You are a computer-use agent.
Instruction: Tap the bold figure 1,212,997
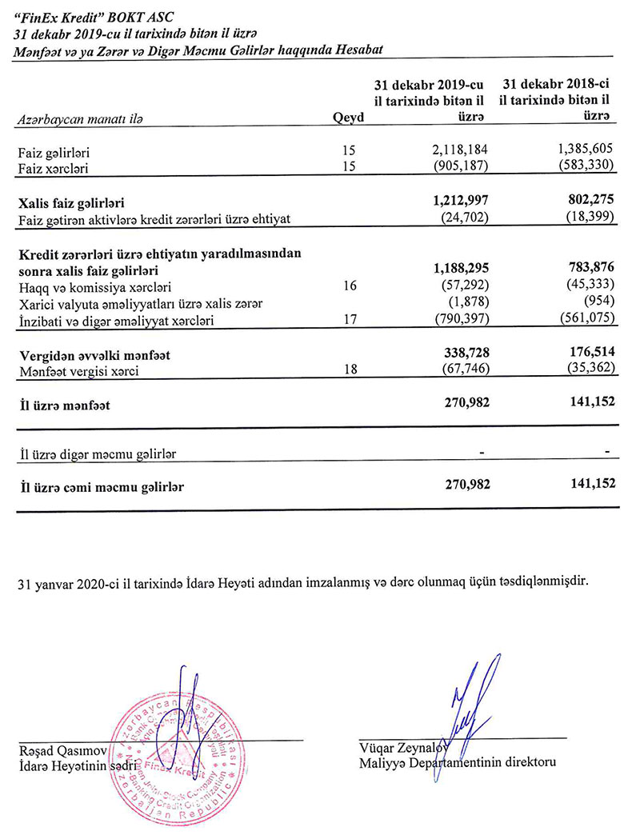455,202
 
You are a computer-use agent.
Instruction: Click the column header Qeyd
348,118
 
